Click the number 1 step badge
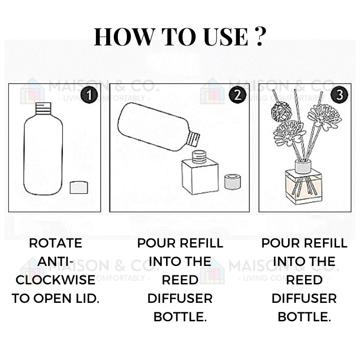tap(89, 95)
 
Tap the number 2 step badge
tap(238, 95)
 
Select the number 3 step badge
tap(339, 95)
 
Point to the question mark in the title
tap(261, 36)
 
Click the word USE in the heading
tap(226, 37)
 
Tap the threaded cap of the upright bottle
tap(43, 108)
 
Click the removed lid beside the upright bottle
tap(79, 187)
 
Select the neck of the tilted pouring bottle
tap(193, 139)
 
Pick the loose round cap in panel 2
tap(233, 182)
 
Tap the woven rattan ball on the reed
tap(281, 111)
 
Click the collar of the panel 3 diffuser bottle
tap(303, 166)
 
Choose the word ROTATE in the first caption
tap(55, 243)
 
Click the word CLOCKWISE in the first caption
tap(55, 280)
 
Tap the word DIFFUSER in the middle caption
tap(180, 298)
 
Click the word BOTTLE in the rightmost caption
tap(304, 317)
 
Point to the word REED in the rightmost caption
tap(304, 280)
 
